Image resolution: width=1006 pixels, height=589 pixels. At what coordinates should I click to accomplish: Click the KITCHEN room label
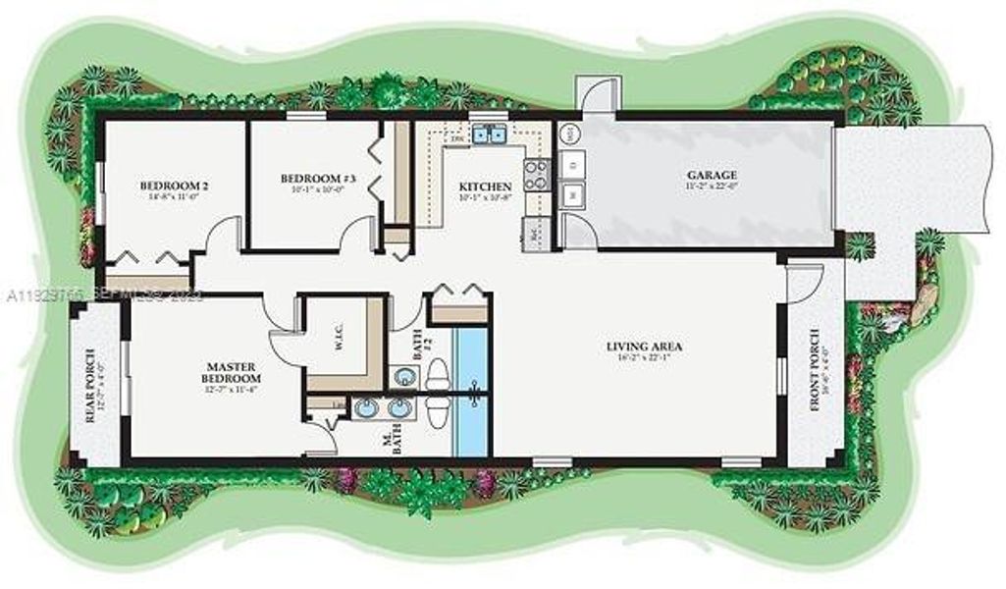(x=486, y=186)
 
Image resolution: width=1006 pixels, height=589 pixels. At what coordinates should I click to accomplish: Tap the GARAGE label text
(x=712, y=175)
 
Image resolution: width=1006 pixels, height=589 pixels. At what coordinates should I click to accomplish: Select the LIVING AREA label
(x=644, y=346)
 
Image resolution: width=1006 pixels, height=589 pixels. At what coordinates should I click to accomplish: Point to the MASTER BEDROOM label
(x=231, y=371)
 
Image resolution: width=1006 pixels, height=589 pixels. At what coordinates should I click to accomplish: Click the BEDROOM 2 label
(x=174, y=185)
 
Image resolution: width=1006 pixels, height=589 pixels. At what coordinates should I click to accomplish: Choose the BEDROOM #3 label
(x=310, y=178)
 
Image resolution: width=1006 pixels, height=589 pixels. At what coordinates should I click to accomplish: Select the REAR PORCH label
(x=90, y=385)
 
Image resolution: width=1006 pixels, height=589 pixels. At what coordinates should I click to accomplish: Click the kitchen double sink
(x=489, y=135)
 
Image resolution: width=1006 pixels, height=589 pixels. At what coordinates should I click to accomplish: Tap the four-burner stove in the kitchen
(x=537, y=175)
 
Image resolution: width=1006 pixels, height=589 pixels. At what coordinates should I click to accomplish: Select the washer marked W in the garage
(x=571, y=194)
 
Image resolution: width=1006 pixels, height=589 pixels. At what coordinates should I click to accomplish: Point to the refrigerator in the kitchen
(x=534, y=235)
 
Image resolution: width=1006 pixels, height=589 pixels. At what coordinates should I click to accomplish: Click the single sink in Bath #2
(x=402, y=375)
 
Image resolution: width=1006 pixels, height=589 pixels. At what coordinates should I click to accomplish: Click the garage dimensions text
(x=712, y=187)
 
